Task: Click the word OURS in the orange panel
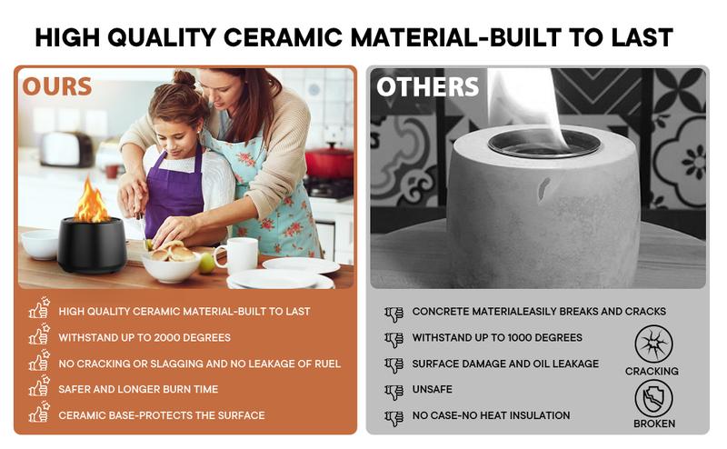click(x=57, y=86)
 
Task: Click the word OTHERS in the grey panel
click(x=427, y=86)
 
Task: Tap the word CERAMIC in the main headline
click(x=284, y=37)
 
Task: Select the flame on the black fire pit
click(x=92, y=200)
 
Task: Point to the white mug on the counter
click(x=238, y=255)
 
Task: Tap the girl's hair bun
click(x=184, y=78)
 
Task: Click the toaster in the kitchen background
click(x=66, y=149)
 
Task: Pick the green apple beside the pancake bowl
click(x=207, y=264)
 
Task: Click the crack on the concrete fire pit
click(x=543, y=188)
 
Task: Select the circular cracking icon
click(x=653, y=344)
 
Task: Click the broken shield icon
click(x=653, y=398)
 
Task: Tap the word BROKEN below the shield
click(x=654, y=424)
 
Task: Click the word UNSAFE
click(x=433, y=389)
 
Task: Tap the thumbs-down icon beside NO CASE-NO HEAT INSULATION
click(x=394, y=418)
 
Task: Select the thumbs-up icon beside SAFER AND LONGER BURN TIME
click(x=39, y=386)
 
